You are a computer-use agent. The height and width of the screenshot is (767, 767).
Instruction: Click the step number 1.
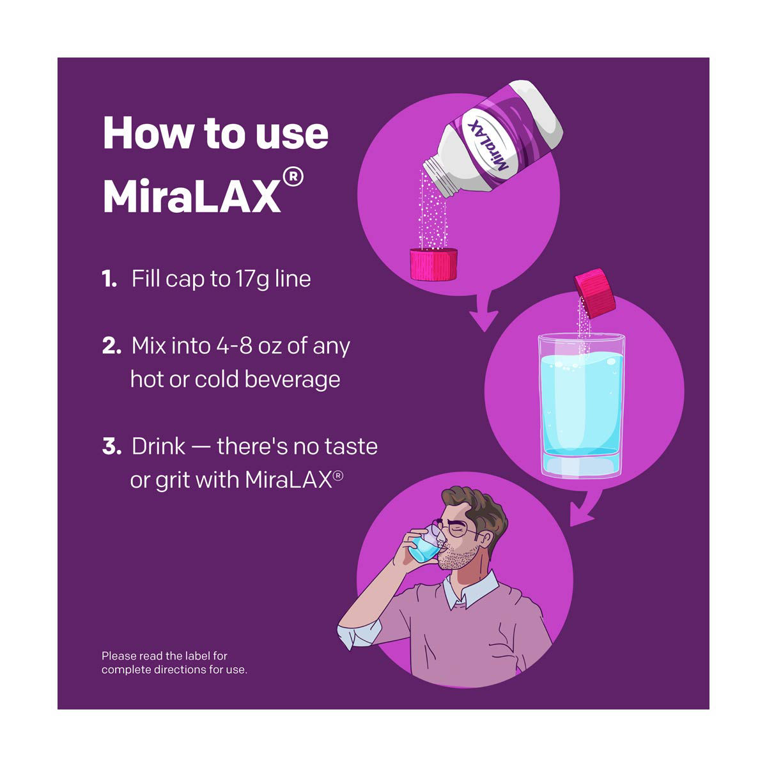[x=109, y=279]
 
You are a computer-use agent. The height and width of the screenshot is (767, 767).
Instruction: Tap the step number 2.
[x=111, y=346]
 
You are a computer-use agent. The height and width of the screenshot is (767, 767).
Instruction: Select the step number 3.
[x=112, y=446]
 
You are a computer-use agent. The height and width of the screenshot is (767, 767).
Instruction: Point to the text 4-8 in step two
[x=234, y=346]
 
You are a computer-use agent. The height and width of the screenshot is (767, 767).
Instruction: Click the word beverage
[x=293, y=379]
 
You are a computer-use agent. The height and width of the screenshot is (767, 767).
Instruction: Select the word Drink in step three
[x=159, y=446]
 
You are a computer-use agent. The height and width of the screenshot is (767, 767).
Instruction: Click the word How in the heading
[x=148, y=132]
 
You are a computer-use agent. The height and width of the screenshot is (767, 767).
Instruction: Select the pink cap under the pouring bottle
[x=434, y=264]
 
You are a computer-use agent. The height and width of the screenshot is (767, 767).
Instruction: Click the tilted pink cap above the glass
[x=595, y=293]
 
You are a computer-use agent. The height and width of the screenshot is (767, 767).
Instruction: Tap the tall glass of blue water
[x=582, y=406]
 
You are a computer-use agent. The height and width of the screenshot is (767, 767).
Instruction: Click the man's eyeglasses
[x=458, y=528]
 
